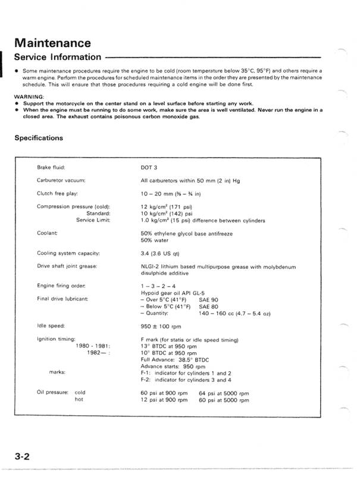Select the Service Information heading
(x=57, y=58)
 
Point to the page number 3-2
(x=24, y=457)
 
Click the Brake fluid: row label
(x=51, y=168)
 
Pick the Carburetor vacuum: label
(x=61, y=179)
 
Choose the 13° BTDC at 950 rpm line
(x=167, y=346)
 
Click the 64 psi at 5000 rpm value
(x=224, y=393)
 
